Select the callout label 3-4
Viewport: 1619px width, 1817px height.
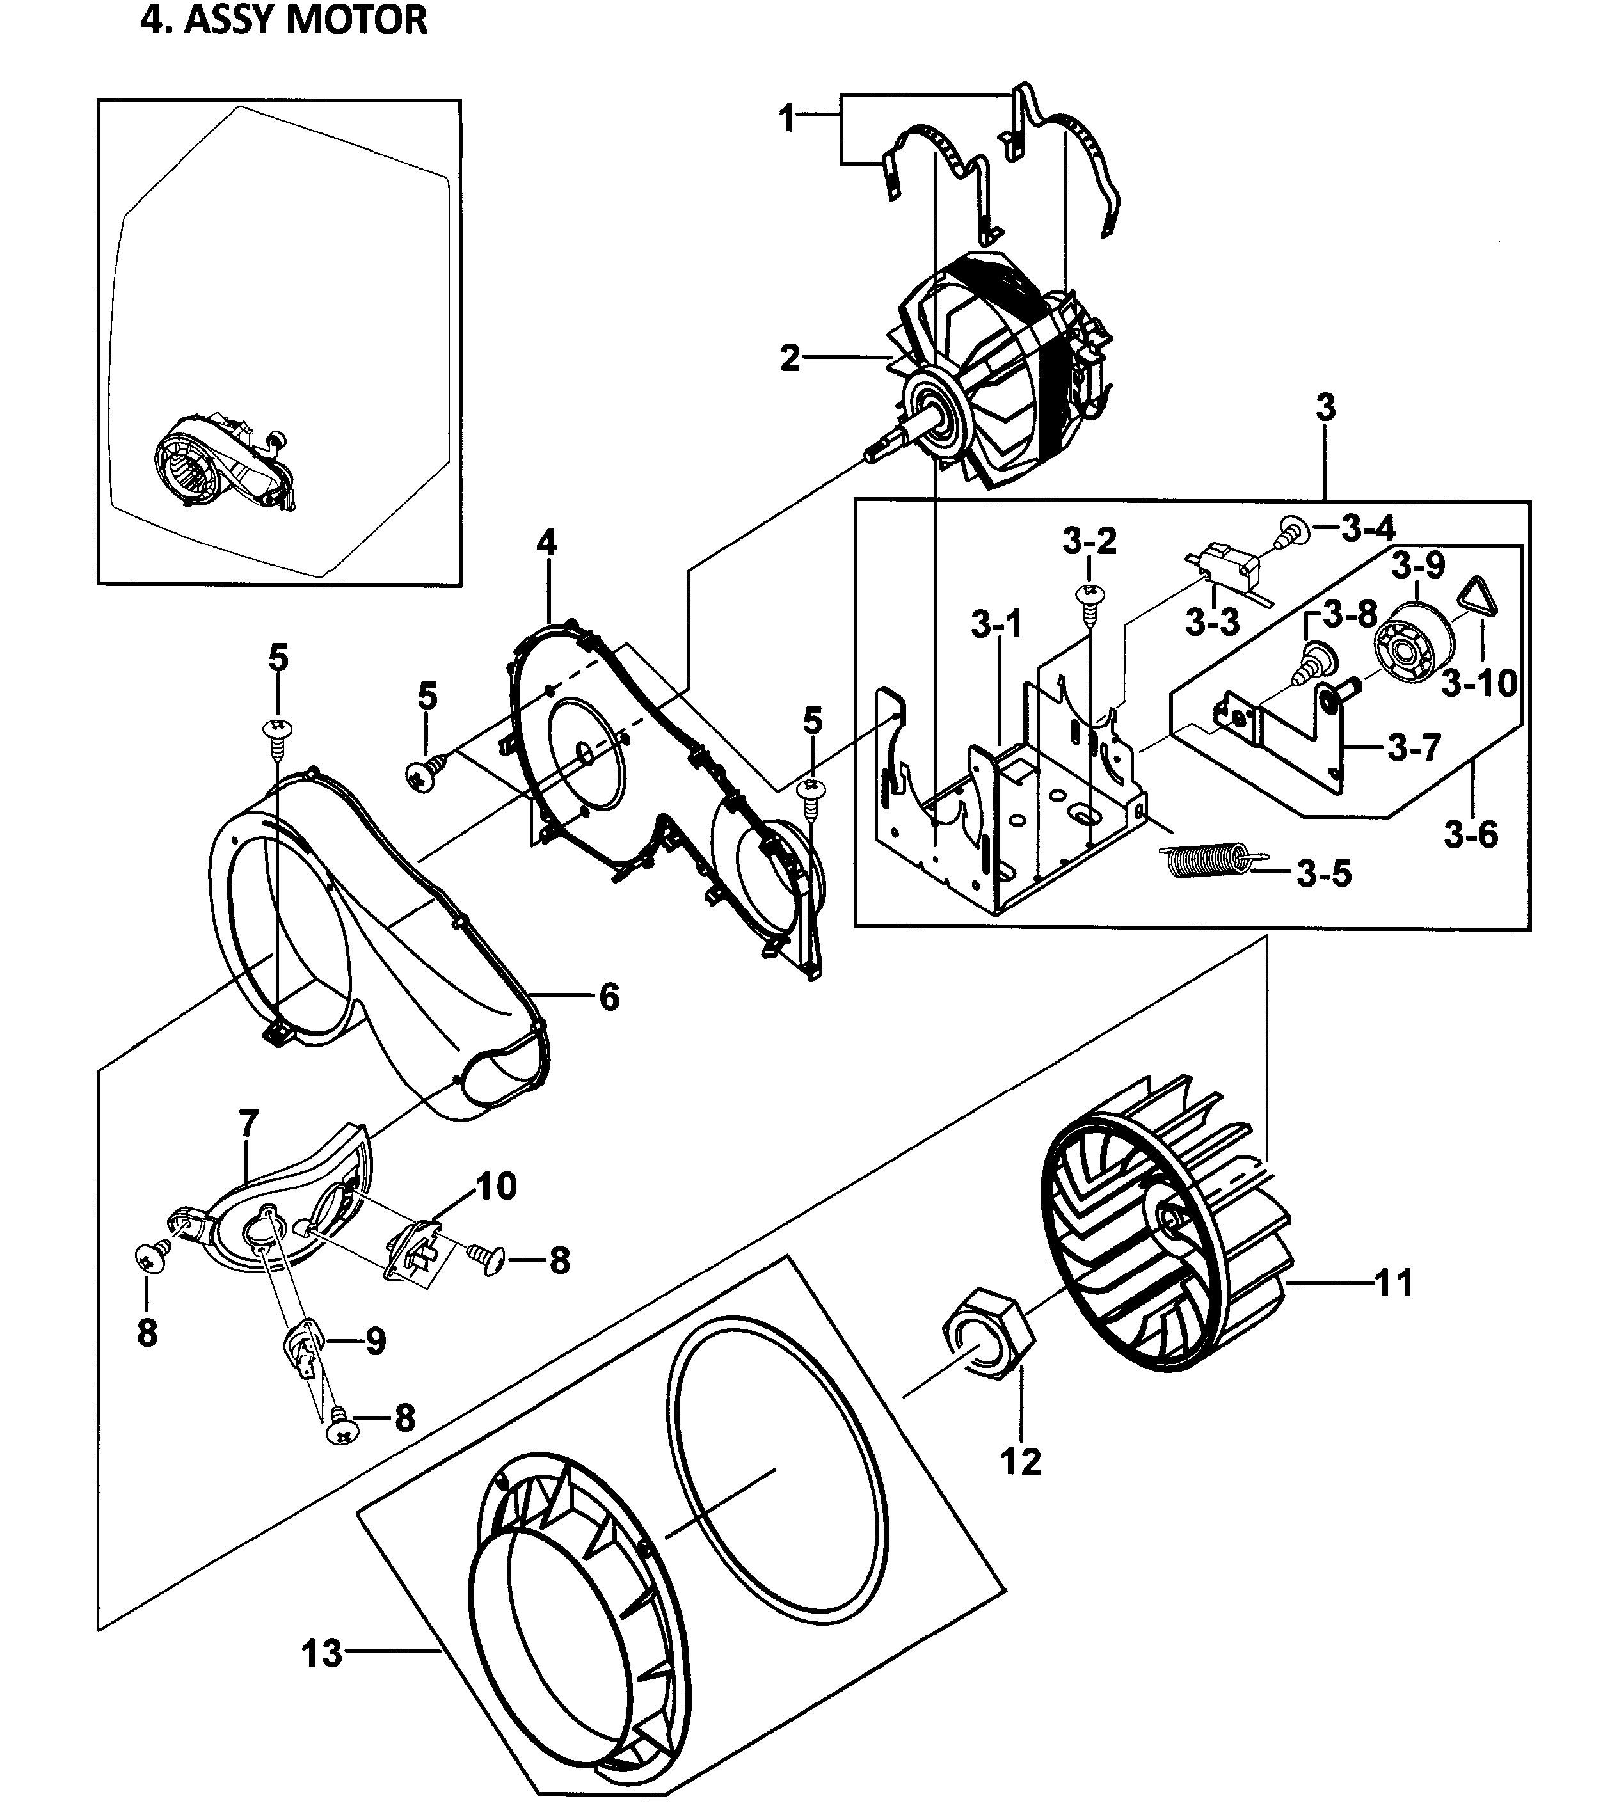1368,528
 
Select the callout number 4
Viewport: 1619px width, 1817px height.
546,542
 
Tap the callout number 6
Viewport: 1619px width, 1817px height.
609,998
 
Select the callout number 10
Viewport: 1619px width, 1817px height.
497,1186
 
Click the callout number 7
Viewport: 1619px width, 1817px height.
248,1123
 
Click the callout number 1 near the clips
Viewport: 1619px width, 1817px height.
786,118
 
